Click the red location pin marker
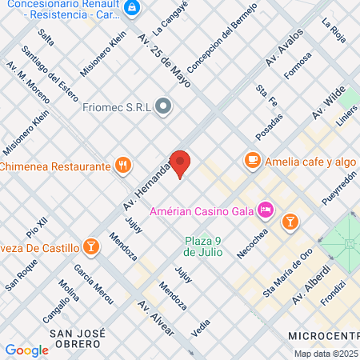coord(181,163)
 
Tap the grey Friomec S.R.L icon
coord(164,106)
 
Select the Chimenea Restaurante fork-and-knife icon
coord(122,166)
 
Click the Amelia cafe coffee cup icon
coord(252,160)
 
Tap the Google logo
coord(26,350)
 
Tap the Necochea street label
coord(251,242)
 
